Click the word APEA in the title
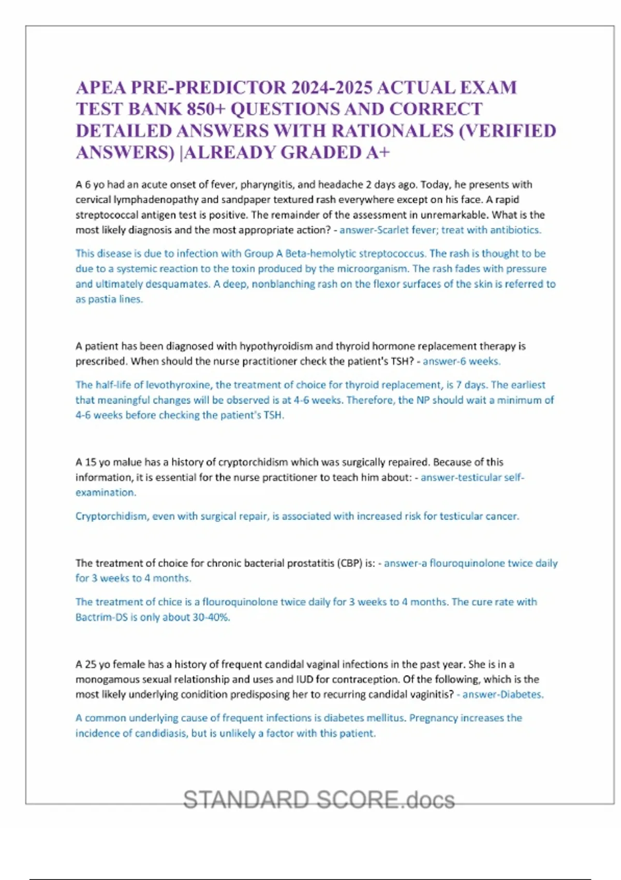[x=101, y=87]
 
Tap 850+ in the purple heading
[x=250, y=109]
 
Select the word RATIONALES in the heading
[x=392, y=131]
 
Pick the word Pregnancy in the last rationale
[x=434, y=718]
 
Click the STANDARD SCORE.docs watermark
[x=319, y=800]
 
